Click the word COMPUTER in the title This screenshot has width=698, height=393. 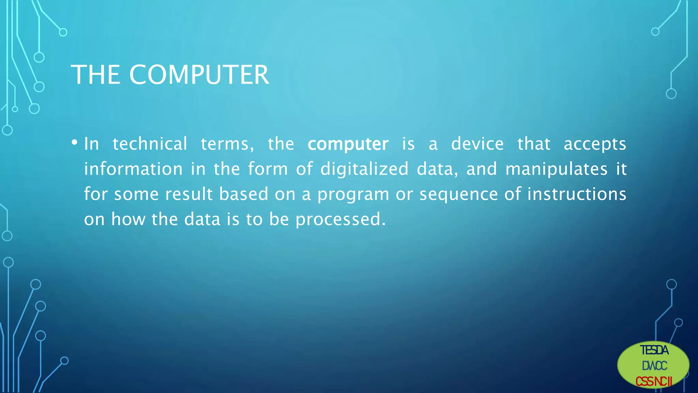coord(199,75)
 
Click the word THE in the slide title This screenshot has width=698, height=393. coord(95,75)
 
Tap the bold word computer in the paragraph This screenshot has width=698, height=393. coord(348,144)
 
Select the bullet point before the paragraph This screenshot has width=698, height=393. coord(74,143)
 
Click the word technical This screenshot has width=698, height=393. coord(150,144)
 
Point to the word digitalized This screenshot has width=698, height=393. coord(364,169)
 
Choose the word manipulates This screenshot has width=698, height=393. coord(556,169)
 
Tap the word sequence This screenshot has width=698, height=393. coord(458,194)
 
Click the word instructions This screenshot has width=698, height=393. coord(577,194)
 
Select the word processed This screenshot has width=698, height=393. coord(340,219)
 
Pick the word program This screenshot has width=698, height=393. coord(353,194)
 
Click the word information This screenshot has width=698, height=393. coord(133,169)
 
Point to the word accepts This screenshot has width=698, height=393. coord(595,144)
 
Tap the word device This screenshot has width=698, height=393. coord(477,144)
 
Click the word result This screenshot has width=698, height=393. coord(189,194)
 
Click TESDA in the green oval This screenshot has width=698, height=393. coord(654,350)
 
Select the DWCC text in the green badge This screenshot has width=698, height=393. coord(654,366)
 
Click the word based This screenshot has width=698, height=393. coord(243,194)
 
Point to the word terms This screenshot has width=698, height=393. coord(227,144)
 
